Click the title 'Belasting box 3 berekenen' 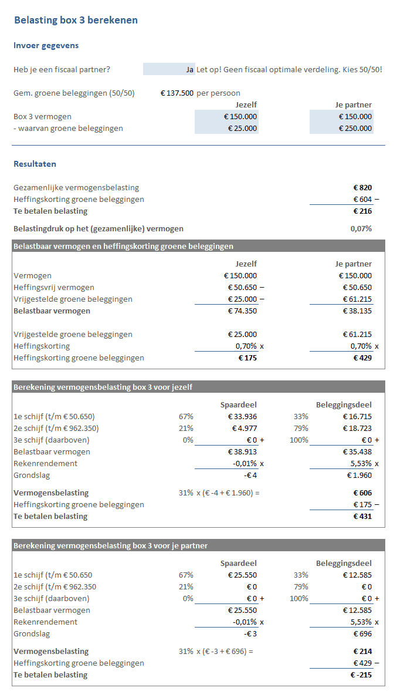tap(76, 21)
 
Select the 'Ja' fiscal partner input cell tap(169, 69)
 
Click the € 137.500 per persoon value tap(177, 93)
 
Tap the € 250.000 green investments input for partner tap(355, 128)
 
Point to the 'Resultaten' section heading tap(35, 164)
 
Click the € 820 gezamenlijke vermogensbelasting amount tap(362, 187)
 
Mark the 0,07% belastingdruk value tap(361, 228)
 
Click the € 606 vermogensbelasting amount tap(362, 493)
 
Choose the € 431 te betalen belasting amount tap(362, 516)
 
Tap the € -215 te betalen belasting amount tap(361, 675)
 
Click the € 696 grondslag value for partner tap(362, 633)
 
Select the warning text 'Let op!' tap(209, 69)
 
